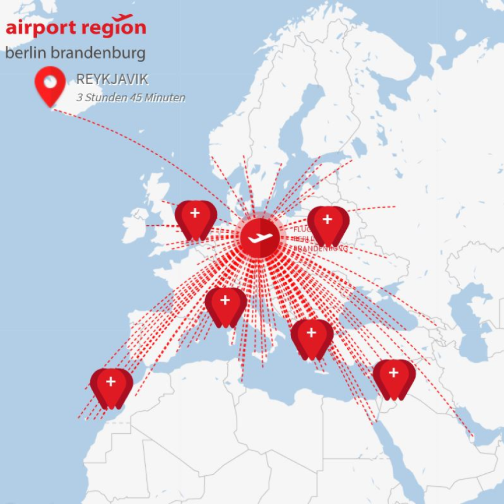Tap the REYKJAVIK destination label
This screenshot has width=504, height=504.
[112, 80]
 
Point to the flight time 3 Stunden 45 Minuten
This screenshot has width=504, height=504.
[131, 98]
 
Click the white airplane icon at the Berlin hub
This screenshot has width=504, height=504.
[260, 237]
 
